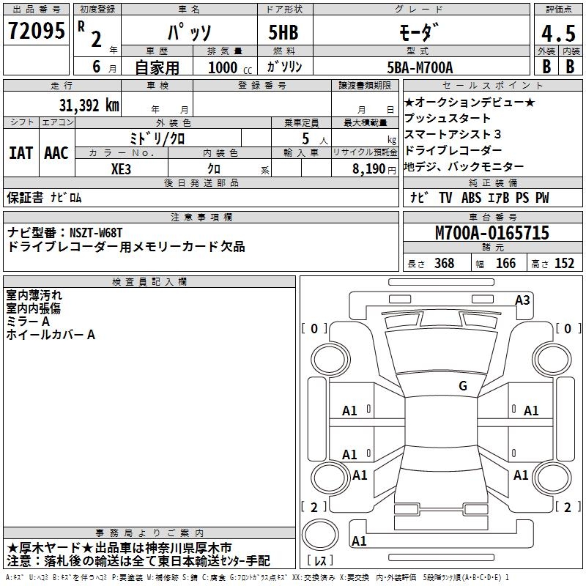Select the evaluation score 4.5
coord(557,34)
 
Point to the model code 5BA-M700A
coord(420,67)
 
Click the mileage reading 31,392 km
coord(89,105)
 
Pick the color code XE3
coord(122,168)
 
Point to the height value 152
coord(564,264)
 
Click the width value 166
coord(505,264)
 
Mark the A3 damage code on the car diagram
coord(522,300)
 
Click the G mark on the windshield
coord(462,386)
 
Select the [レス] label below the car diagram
coord(321,561)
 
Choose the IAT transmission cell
coord(21,153)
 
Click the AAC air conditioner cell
coord(56,153)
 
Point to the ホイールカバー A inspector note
coord(51,335)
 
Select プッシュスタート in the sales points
coord(448,118)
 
